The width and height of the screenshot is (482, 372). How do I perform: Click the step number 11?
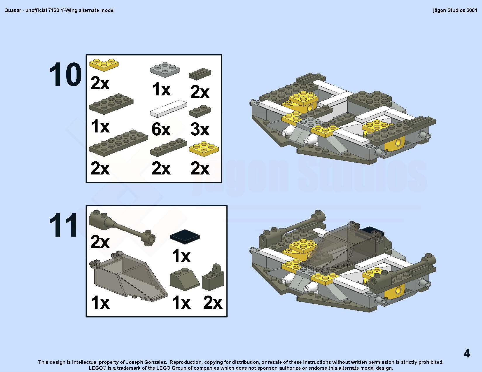pos(63,225)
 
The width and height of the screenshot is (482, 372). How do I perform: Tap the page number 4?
pos(467,353)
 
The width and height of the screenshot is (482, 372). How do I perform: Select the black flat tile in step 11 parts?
pos(185,237)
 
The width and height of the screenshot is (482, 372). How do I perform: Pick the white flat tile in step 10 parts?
pos(168,109)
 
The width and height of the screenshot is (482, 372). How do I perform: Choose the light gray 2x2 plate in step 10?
pos(165,69)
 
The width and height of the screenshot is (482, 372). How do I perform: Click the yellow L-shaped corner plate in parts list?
pos(104,65)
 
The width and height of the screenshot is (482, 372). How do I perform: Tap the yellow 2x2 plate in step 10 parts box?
pos(204,149)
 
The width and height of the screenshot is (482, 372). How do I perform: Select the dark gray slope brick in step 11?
pos(185,279)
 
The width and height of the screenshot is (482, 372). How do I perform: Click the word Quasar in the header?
pos(13,10)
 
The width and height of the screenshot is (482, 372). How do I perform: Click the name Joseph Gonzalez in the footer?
pos(146,362)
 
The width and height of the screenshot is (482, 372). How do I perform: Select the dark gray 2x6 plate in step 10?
pos(118,143)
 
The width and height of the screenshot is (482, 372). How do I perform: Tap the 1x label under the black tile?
pos(181,256)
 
